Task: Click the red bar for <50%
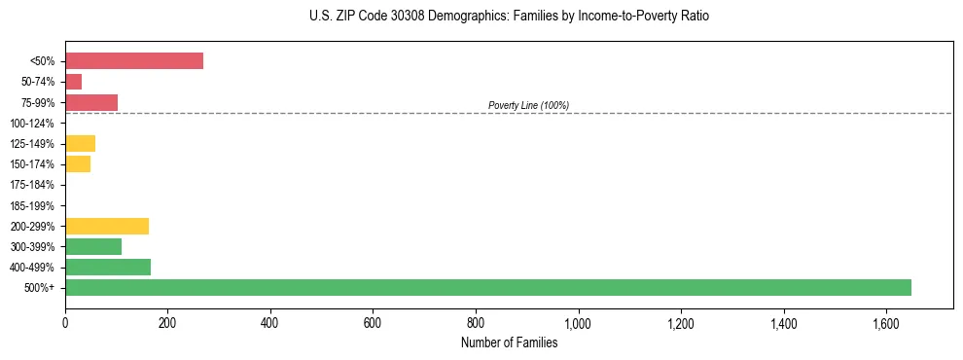pos(134,61)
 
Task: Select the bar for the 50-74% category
pos(74,82)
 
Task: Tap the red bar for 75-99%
pos(91,102)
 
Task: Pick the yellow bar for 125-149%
pos(81,144)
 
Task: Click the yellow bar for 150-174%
pos(78,164)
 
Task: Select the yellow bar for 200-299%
pos(107,226)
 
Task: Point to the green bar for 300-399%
pos(93,246)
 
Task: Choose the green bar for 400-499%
pos(108,267)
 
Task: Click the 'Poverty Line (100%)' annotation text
pos(528,105)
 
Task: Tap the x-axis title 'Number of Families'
pos(509,342)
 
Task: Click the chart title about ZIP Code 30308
pos(509,17)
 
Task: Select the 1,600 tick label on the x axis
pos(886,322)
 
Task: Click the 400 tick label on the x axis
pos(270,322)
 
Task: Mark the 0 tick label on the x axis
pos(65,322)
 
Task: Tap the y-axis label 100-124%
pos(32,124)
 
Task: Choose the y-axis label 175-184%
pos(32,185)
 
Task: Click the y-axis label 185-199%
pos(32,205)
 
